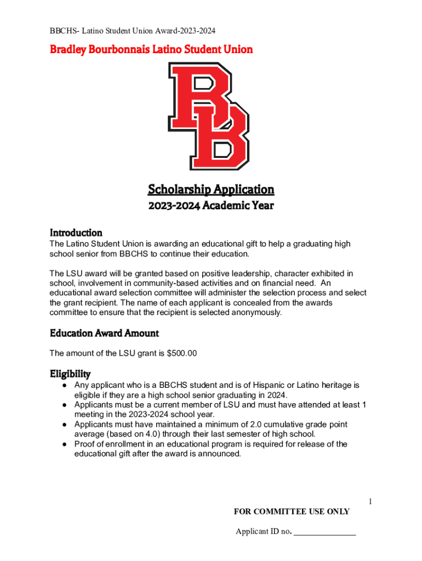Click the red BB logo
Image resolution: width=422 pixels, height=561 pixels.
click(x=210, y=116)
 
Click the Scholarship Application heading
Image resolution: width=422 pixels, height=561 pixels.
click(x=210, y=190)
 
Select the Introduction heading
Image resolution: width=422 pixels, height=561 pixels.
click(x=76, y=232)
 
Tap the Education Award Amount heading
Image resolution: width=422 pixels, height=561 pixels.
click(x=104, y=333)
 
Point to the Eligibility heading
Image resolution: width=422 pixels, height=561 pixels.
click(x=70, y=374)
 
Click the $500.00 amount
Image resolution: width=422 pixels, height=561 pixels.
click(x=181, y=353)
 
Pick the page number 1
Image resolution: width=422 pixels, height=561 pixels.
click(x=370, y=502)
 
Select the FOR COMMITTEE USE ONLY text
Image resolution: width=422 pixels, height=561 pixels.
click(x=292, y=512)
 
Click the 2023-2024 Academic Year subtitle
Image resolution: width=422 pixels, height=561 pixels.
click(x=210, y=207)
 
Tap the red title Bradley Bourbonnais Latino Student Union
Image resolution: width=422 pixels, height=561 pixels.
click(x=151, y=49)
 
